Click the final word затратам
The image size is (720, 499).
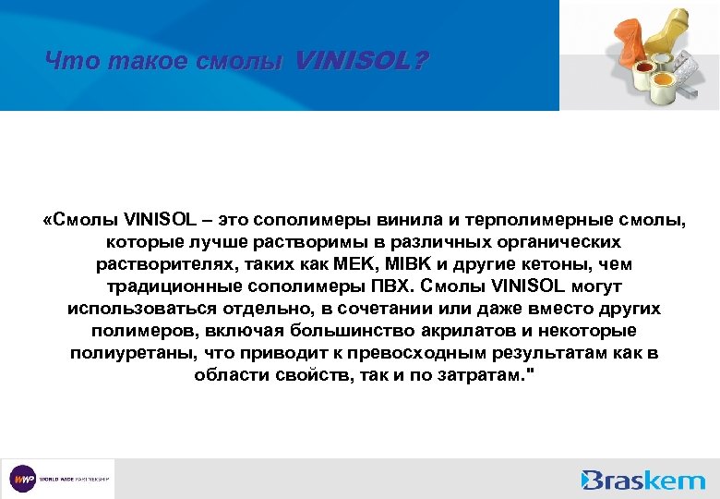pos(484,375)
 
